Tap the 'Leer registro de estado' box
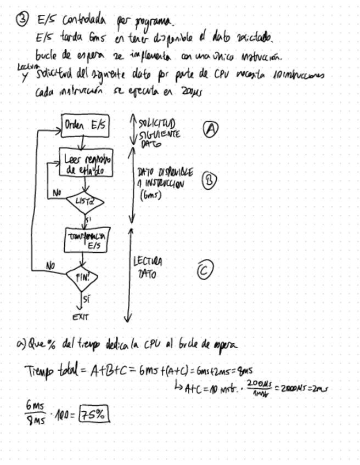coord(88,163)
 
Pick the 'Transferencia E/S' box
coord(87,240)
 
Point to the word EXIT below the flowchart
coord(81,316)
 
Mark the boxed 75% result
coord(94,416)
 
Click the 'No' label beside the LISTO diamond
coord(57,192)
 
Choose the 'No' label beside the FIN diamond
coord(50,265)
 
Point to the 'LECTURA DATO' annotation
coord(148,267)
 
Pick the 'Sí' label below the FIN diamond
coord(86,298)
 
